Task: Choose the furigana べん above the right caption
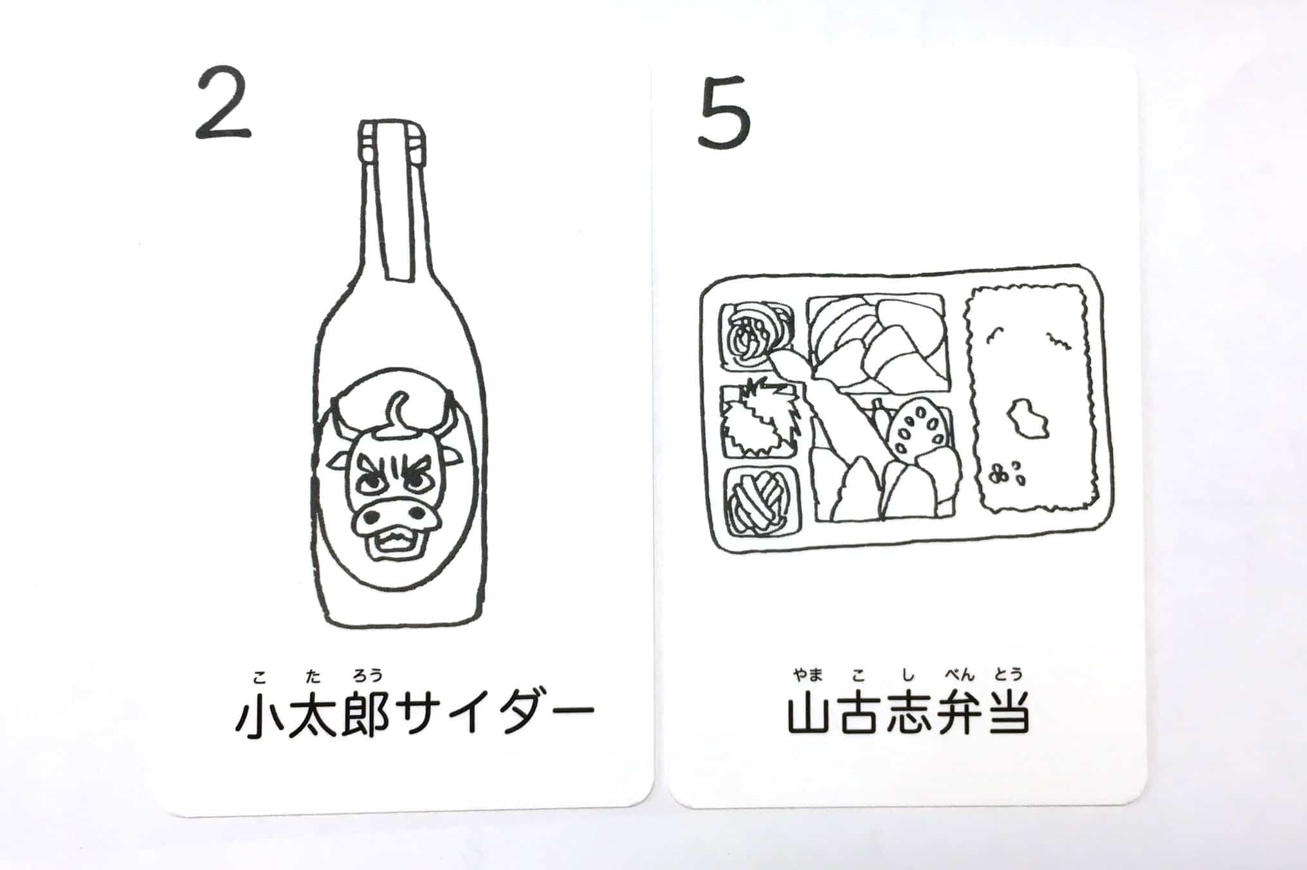(960, 674)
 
